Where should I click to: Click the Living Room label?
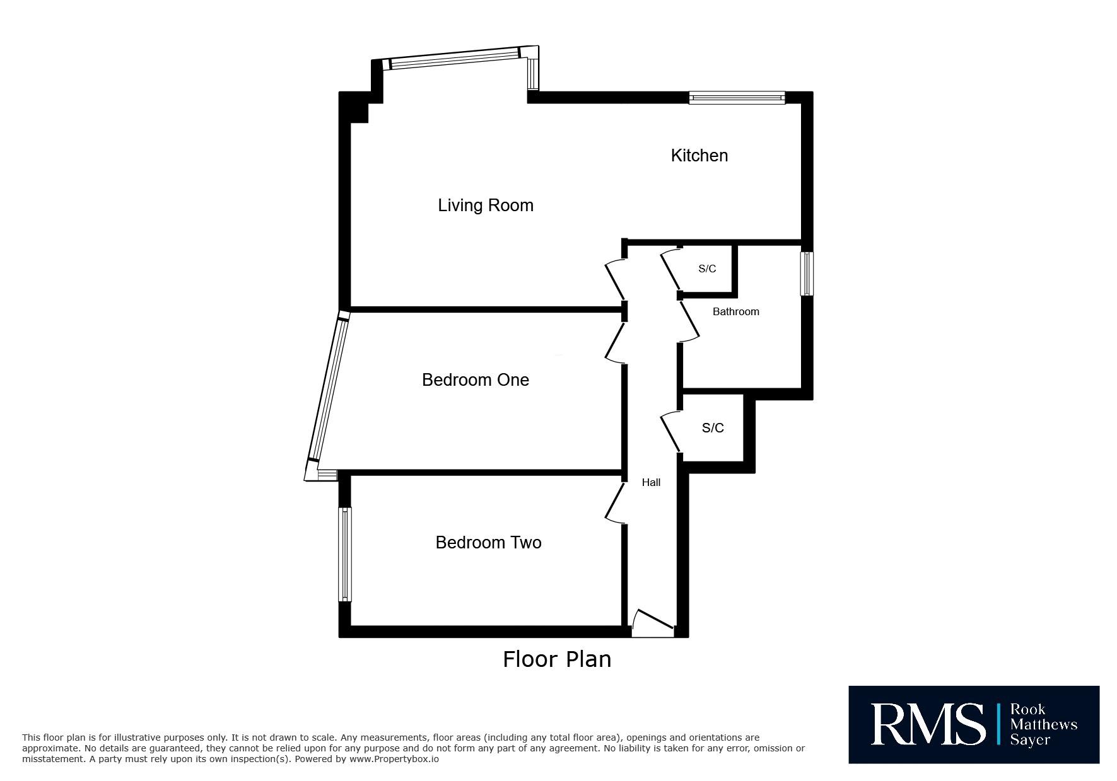[x=486, y=205]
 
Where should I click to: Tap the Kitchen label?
[x=699, y=156]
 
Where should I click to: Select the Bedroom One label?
[x=476, y=379]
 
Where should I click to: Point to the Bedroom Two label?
[x=489, y=543]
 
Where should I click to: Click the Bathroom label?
[x=736, y=311]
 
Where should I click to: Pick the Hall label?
[x=652, y=482]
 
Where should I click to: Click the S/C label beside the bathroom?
[x=707, y=269]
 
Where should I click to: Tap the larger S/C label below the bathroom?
[x=713, y=428]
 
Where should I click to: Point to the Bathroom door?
[x=689, y=322]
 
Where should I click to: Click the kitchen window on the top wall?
[x=737, y=98]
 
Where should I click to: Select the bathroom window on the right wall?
[x=807, y=274]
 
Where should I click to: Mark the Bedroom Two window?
[x=345, y=555]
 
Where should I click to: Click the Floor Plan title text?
[x=557, y=659]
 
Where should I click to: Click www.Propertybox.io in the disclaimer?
[x=394, y=760]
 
